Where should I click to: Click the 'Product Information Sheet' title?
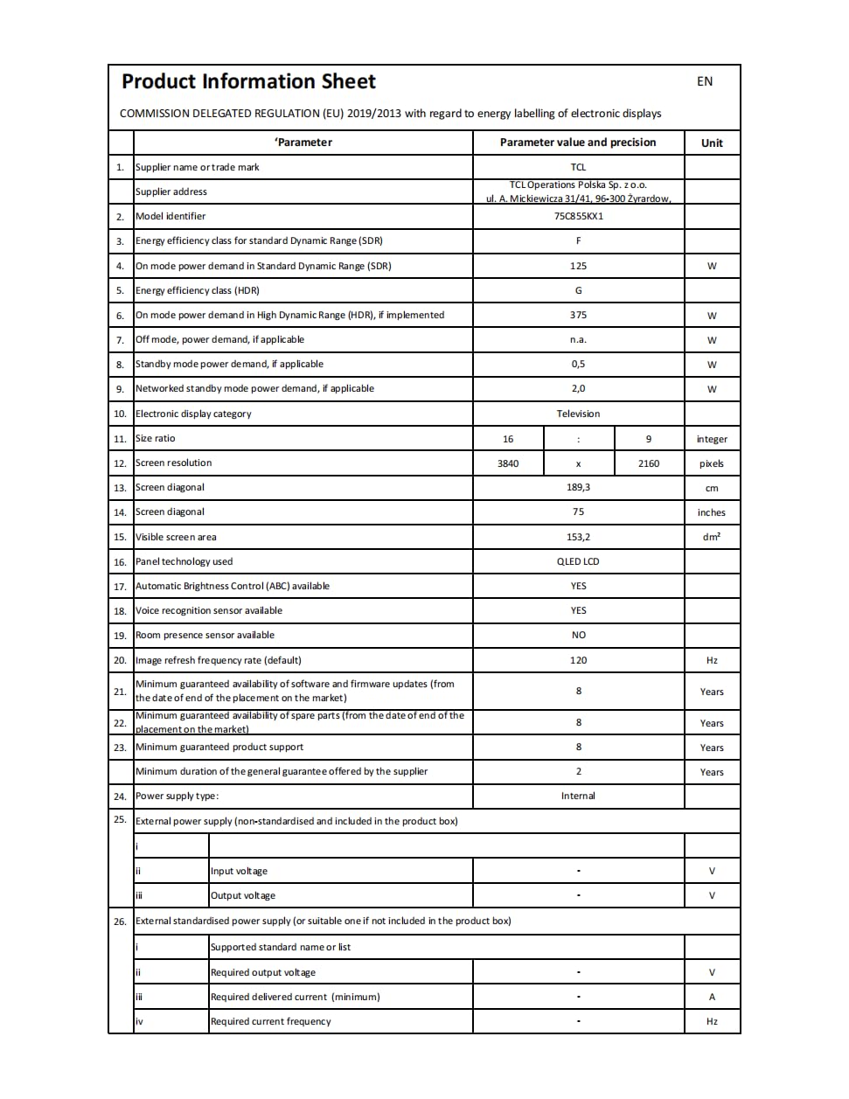248,82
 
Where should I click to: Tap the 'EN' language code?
705,81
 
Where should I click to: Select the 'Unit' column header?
712,143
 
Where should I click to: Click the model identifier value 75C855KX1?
578,216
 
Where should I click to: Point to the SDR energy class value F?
578,240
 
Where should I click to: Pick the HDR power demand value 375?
578,315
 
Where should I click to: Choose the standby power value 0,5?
578,364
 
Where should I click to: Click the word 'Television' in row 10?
578,414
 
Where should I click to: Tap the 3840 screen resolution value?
508,463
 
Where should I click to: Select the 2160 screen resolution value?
649,463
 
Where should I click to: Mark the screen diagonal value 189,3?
578,487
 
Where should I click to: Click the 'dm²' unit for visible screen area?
712,537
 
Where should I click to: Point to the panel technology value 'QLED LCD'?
578,561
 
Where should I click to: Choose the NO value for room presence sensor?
578,635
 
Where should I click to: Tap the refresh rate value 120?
578,660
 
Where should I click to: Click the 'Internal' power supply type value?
578,796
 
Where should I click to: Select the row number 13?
120,488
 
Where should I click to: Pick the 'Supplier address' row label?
171,191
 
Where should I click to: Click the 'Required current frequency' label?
271,1021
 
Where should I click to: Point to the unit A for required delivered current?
712,997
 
